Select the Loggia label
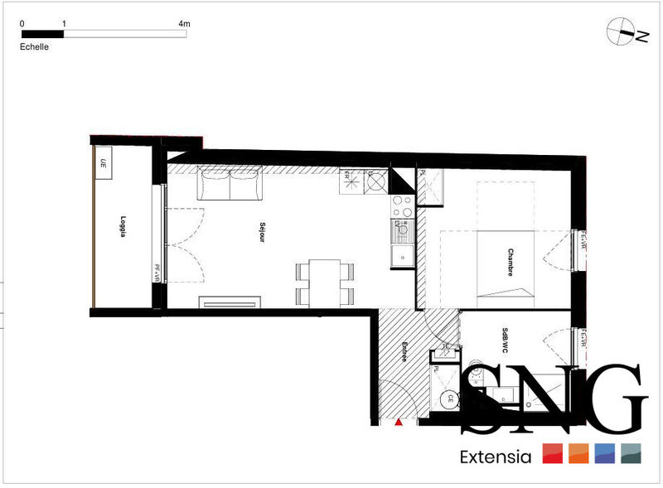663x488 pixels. pyautogui.click(x=122, y=227)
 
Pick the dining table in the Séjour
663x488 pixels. pyautogui.click(x=324, y=281)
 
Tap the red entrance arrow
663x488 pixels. pyautogui.click(x=399, y=423)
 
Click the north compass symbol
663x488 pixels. pyautogui.click(x=620, y=31)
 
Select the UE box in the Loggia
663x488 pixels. pyautogui.click(x=105, y=162)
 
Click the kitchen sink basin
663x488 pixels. pyautogui.click(x=403, y=255)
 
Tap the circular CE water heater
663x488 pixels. pyautogui.click(x=451, y=399)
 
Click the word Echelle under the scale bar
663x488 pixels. pyautogui.click(x=34, y=47)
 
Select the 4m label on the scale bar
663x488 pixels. pyautogui.click(x=184, y=24)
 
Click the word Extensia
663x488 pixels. pyautogui.click(x=495, y=457)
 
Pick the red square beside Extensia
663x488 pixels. pyautogui.click(x=552, y=453)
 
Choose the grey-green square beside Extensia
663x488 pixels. pyautogui.click(x=632, y=453)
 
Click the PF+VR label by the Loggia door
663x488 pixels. pyautogui.click(x=156, y=272)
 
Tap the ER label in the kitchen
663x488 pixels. pyautogui.click(x=347, y=181)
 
